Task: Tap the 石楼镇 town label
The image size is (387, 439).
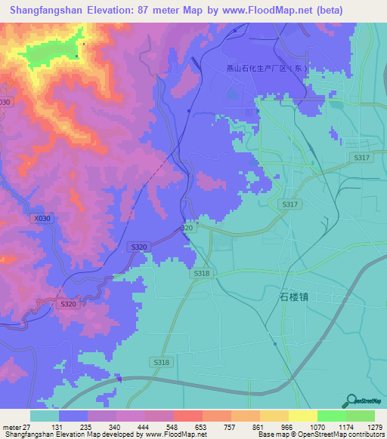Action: pos(289,297)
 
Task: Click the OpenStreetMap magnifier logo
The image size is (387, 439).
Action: pos(351,401)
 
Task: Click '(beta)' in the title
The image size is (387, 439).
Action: pos(325,11)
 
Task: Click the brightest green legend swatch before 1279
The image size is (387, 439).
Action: pos(361,416)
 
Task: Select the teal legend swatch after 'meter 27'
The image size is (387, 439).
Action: pos(45,416)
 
